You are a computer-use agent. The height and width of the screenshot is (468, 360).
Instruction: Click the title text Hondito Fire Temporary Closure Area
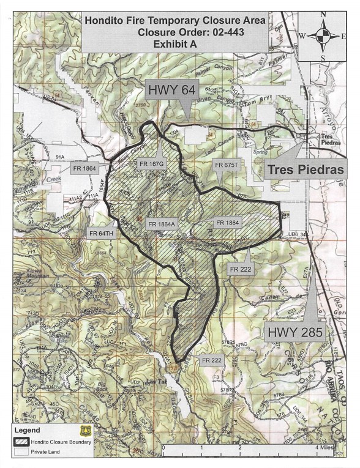pos(175,20)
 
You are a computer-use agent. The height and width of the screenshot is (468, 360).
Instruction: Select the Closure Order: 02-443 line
pos(175,32)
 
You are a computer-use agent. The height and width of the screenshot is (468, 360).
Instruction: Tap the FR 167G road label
pos(150,164)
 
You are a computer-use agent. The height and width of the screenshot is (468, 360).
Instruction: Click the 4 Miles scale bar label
pos(324,448)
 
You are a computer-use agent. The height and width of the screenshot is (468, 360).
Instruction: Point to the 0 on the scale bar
pos(163,448)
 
